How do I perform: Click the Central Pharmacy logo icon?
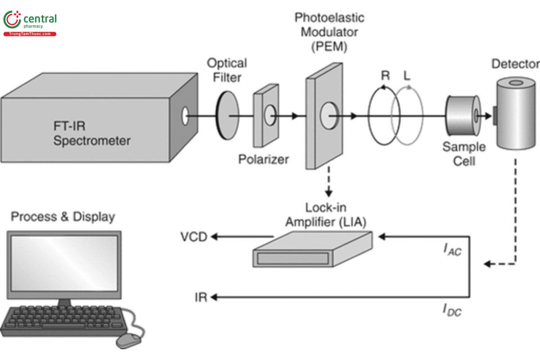click(12, 20)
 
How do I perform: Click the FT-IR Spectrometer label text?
click(92, 133)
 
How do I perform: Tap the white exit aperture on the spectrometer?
click(184, 116)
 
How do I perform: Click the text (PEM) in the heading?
click(330, 46)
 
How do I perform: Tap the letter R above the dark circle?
click(385, 75)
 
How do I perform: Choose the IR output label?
click(201, 297)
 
